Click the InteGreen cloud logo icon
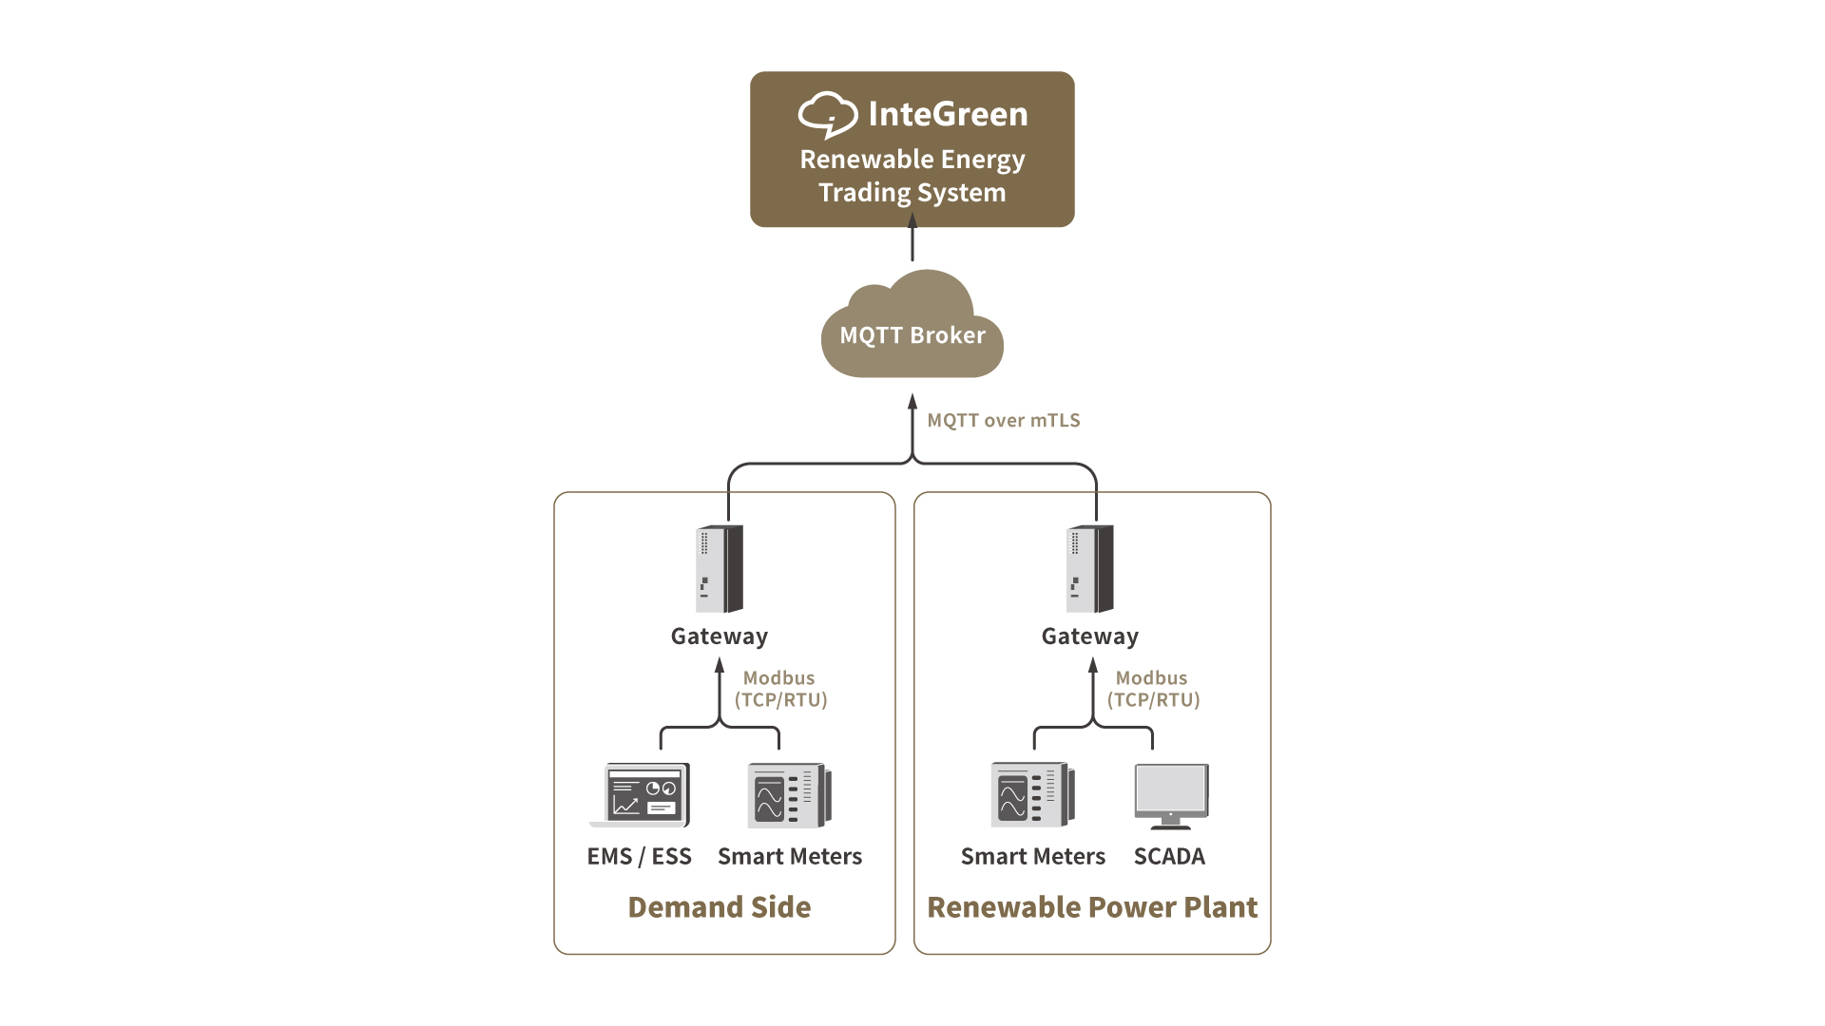tap(827, 114)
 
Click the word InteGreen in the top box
tap(948, 114)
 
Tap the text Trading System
tap(912, 193)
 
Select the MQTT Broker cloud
tap(912, 329)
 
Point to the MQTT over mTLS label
tap(1004, 420)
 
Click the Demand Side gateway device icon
tap(720, 568)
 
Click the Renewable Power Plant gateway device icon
tap(1090, 568)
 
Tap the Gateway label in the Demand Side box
tap(720, 636)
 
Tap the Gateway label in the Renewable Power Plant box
tap(1090, 636)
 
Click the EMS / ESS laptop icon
tap(641, 795)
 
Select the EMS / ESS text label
tap(640, 857)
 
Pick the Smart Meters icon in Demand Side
tap(789, 795)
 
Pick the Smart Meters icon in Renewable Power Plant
tap(1033, 795)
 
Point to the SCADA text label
tap(1169, 857)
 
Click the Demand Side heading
tap(720, 907)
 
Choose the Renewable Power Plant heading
tap(1092, 907)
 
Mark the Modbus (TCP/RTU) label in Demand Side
tap(780, 689)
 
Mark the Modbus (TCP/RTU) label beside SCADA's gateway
tap(1153, 689)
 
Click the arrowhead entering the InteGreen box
tap(912, 220)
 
